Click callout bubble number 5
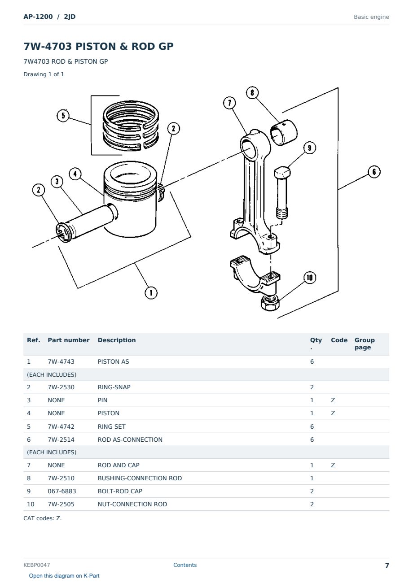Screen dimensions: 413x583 [63, 116]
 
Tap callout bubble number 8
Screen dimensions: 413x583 [252, 93]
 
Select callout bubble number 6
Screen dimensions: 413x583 [374, 172]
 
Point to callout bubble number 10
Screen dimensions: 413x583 [310, 278]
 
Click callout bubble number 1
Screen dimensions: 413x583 [151, 293]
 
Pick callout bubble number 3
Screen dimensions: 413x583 [57, 182]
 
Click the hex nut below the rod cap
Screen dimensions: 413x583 [270, 303]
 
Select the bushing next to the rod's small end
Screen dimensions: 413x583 [284, 132]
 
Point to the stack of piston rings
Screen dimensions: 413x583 [131, 126]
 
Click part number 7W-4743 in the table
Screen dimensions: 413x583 [61, 361]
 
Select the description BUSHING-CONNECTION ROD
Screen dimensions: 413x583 [140, 478]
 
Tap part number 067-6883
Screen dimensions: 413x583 [62, 491]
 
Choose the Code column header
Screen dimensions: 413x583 [339, 340]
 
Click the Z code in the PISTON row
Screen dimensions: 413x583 [333, 413]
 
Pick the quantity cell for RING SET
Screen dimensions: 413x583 [312, 426]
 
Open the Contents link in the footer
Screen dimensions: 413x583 [185, 565]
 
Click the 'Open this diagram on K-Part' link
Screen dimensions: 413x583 [64, 576]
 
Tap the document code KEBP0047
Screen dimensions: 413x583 [37, 565]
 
